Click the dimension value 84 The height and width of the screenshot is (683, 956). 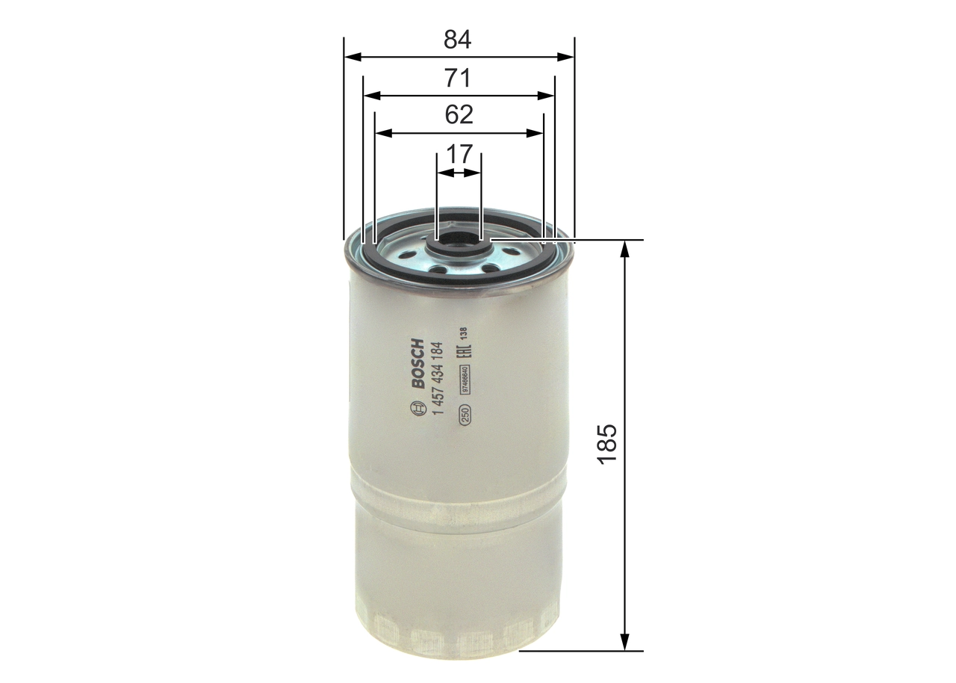[458, 39]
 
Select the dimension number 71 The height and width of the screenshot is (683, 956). [458, 78]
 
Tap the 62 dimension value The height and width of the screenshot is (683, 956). [459, 115]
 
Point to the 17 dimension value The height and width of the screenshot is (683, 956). [459, 155]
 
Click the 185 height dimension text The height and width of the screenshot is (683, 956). [607, 444]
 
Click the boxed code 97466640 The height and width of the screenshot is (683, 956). [465, 380]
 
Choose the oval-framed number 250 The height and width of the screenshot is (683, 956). [464, 415]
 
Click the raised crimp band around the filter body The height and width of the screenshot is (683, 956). [457, 497]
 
